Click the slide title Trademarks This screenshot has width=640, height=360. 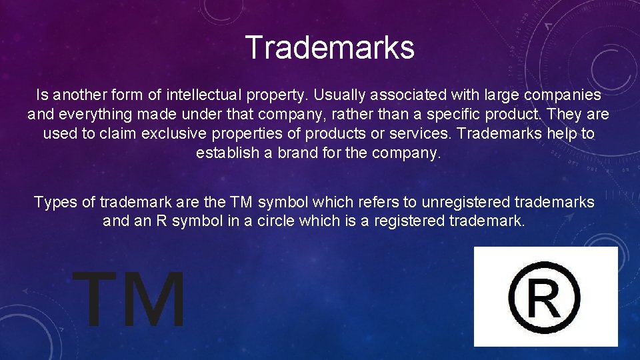tap(329, 47)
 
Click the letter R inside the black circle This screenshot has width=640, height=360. tap(544, 297)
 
